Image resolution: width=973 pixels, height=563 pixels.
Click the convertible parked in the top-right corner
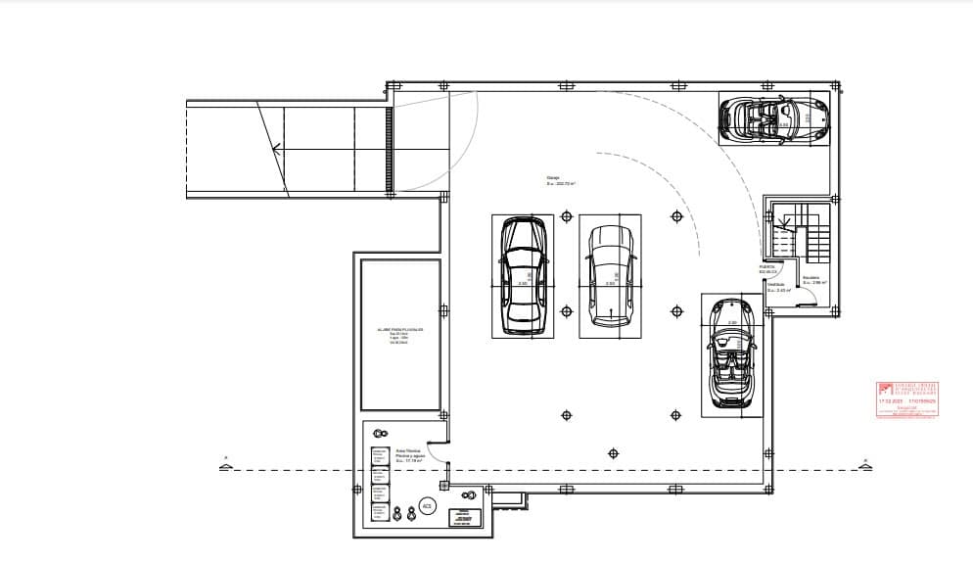click(773, 118)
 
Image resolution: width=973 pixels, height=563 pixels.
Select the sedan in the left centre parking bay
click(522, 276)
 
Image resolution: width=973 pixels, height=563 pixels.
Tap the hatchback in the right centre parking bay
click(609, 277)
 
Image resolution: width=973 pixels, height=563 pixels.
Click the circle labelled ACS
click(427, 505)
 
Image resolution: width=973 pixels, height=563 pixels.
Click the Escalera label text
click(811, 280)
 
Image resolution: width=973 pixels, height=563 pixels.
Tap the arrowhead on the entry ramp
click(279, 150)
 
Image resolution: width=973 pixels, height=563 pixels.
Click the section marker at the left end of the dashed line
click(225, 466)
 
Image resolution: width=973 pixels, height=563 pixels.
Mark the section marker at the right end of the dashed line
click(864, 465)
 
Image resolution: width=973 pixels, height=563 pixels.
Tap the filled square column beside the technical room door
click(443, 485)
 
